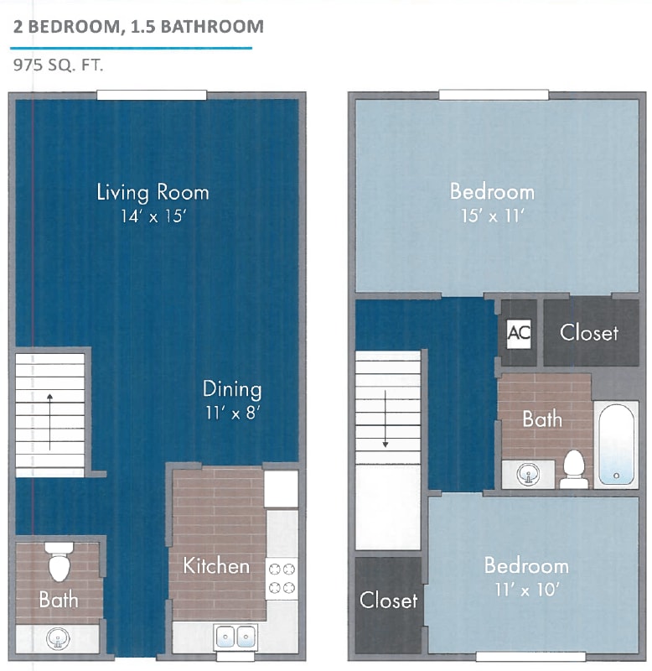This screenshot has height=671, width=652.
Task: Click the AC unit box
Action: click(519, 332)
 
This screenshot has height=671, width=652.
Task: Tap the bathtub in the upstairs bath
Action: click(616, 445)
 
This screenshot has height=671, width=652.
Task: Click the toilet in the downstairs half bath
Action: click(59, 563)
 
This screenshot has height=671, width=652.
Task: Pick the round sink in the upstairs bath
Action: click(529, 474)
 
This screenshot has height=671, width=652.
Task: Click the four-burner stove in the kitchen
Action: click(282, 578)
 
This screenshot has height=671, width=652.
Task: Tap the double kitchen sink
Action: click(235, 637)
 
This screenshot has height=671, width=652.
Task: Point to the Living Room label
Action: click(153, 192)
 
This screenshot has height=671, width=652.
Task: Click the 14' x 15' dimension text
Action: click(153, 216)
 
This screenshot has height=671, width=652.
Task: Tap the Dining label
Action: click(232, 389)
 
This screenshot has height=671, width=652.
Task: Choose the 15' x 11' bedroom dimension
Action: click(492, 216)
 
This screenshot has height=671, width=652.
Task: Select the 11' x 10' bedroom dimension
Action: click(526, 589)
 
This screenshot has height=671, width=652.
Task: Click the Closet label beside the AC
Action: click(589, 332)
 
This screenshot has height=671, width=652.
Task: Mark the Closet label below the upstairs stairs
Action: click(389, 600)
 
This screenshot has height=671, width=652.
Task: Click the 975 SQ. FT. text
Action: click(59, 65)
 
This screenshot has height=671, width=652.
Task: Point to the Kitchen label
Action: click(216, 565)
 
